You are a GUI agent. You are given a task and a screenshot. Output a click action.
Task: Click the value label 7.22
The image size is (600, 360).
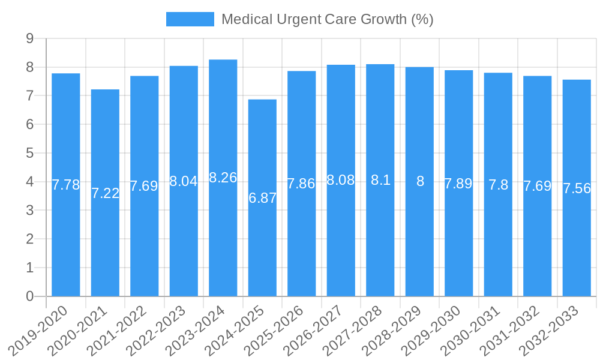click(x=106, y=193)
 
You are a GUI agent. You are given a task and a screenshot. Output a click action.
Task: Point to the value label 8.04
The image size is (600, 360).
click(x=184, y=181)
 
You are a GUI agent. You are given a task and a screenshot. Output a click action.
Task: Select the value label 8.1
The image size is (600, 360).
click(x=380, y=180)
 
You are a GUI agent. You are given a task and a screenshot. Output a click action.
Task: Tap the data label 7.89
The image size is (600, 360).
click(x=458, y=184)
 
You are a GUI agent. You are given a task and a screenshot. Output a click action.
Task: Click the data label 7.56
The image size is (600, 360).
click(x=577, y=188)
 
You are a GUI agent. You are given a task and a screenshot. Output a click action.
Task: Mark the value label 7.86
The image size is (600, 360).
click(x=301, y=184)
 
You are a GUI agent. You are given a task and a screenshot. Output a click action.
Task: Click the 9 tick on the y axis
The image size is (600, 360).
click(x=29, y=38)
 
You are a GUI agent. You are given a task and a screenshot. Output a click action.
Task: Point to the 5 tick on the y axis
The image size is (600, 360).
click(x=29, y=153)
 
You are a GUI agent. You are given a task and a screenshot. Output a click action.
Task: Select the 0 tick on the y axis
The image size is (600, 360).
click(x=29, y=296)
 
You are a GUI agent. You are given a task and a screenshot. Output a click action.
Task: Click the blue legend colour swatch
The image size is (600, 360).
click(x=190, y=19)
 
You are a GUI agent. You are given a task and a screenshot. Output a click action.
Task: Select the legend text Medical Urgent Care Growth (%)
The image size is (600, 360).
click(x=327, y=19)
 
